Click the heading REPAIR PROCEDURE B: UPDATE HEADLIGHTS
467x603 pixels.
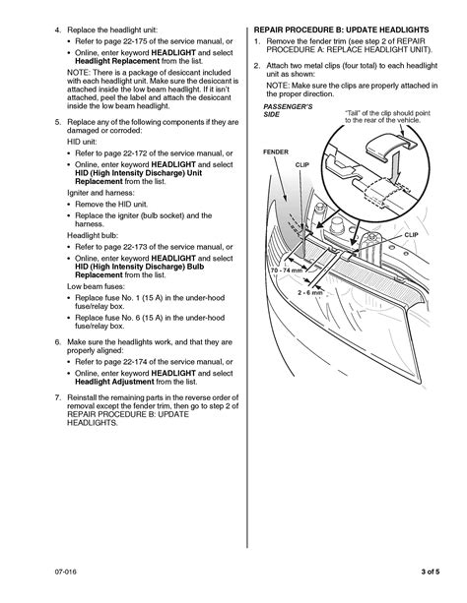[x=342, y=30]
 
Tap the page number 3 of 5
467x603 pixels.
[x=431, y=572]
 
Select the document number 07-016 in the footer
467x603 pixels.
[x=65, y=572]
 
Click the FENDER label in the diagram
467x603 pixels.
[x=276, y=151]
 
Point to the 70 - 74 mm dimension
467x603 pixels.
[x=287, y=270]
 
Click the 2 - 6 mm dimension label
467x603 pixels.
[x=310, y=293]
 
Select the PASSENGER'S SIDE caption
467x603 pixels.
[x=288, y=110]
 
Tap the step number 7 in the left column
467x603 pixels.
[x=57, y=397]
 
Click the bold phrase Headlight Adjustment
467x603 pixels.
[x=114, y=382]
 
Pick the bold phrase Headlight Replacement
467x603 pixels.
[x=117, y=61]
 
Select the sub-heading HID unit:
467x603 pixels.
[x=82, y=142]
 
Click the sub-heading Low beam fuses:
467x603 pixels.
[x=96, y=286]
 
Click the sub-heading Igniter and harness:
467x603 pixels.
[x=100, y=193]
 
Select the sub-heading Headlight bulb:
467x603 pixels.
[x=93, y=235]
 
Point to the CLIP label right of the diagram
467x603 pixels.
[x=411, y=234]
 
